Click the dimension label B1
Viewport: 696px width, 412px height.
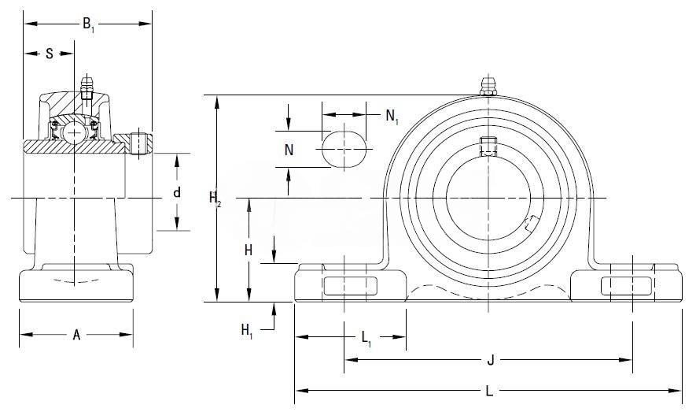point(88,24)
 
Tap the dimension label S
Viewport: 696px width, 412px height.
point(50,54)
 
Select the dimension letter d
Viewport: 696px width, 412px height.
point(177,192)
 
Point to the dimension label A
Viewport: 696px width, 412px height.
point(76,335)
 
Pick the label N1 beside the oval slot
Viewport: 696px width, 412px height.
point(392,117)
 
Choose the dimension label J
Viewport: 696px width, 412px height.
point(489,360)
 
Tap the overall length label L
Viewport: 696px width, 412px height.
point(489,390)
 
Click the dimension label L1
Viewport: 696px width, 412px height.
point(367,339)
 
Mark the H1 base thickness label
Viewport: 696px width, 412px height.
point(247,328)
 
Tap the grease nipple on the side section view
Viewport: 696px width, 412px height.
point(87,83)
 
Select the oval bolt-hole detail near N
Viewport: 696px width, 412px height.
point(344,147)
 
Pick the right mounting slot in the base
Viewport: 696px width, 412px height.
point(627,287)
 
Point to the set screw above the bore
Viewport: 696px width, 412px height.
point(488,147)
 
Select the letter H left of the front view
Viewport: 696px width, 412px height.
point(248,251)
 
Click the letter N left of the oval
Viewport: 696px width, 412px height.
point(289,150)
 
